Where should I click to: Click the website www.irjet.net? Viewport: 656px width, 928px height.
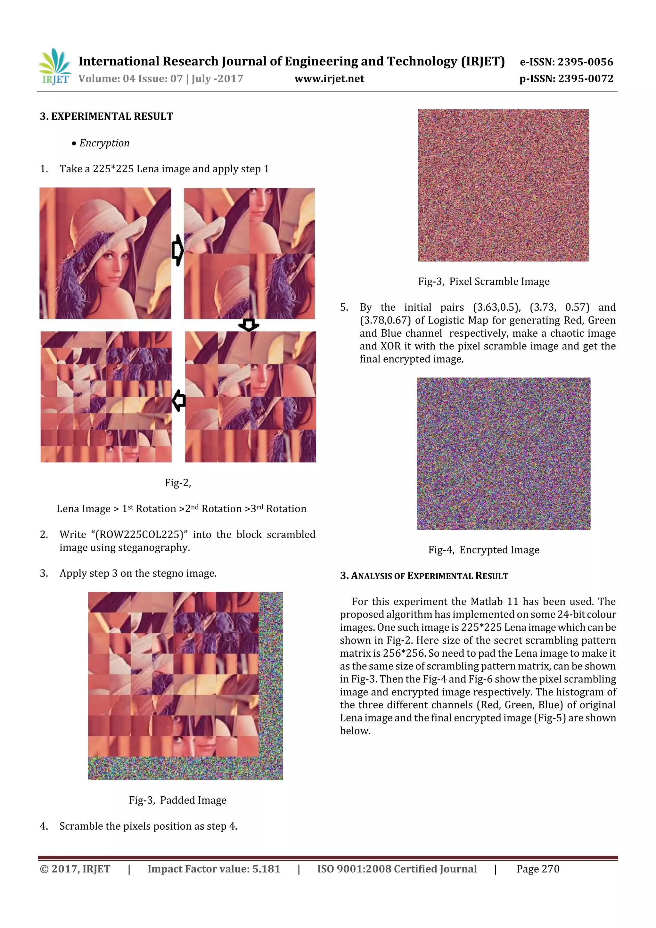[x=329, y=79]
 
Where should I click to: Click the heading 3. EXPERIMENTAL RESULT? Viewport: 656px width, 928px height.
[x=106, y=116]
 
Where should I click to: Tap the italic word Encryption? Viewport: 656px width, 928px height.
[x=104, y=143]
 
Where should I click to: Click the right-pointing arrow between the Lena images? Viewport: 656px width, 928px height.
[x=177, y=250]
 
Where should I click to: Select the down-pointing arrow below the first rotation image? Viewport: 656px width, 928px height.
[x=249, y=324]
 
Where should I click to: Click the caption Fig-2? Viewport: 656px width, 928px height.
[x=178, y=483]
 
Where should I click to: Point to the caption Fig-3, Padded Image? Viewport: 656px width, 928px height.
[x=177, y=800]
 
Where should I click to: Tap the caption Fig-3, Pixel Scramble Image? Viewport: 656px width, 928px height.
[x=483, y=281]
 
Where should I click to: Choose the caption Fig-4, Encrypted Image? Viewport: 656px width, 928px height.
[x=483, y=550]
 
